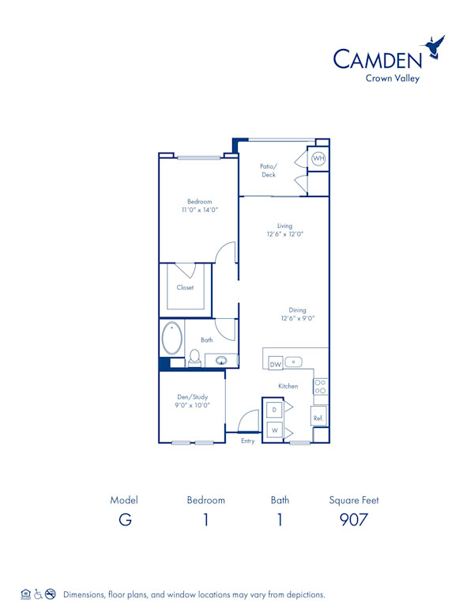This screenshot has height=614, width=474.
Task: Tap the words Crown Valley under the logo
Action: (392, 78)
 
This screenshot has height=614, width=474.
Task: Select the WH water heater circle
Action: (318, 159)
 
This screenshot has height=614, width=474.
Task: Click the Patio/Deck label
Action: (269, 171)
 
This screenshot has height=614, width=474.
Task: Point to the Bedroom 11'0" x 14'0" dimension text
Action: (200, 210)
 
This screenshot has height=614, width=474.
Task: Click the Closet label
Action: (185, 287)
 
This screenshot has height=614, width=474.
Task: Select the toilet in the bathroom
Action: (194, 358)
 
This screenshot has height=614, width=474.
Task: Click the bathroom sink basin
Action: (223, 362)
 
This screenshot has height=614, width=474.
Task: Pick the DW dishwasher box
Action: (276, 364)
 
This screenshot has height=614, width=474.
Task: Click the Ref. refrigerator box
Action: (318, 417)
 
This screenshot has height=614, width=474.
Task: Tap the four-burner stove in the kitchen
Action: (321, 386)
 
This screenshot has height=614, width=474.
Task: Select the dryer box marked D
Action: (273, 410)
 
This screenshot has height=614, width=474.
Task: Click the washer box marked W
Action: (273, 430)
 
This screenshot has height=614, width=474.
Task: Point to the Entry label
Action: (248, 441)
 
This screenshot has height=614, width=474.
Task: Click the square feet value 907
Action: (354, 520)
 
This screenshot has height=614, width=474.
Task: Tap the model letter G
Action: (124, 520)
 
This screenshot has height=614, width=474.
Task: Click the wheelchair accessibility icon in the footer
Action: (38, 594)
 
